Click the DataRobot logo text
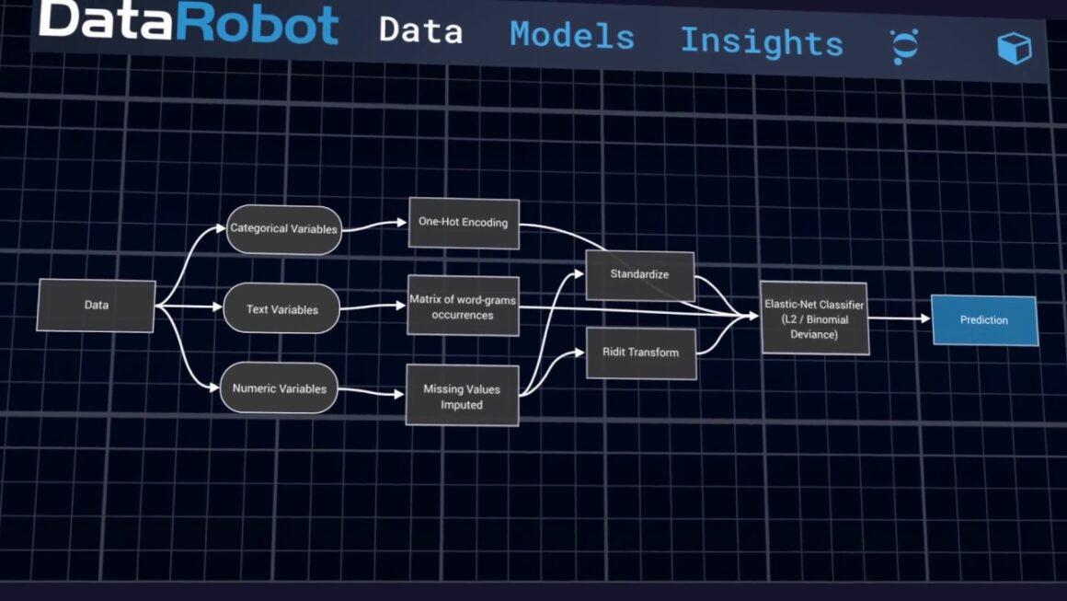(189, 23)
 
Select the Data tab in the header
(420, 30)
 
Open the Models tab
(572, 37)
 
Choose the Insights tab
(761, 42)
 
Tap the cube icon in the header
(1014, 48)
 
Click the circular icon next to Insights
(903, 46)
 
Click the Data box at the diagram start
(96, 305)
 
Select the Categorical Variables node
(283, 228)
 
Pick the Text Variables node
(281, 309)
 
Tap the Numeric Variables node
(279, 388)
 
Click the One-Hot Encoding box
(464, 222)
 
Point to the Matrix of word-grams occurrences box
(463, 307)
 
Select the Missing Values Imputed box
(462, 396)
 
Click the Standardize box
(639, 274)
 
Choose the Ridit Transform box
(640, 352)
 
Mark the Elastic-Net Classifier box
(814, 318)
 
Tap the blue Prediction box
(983, 320)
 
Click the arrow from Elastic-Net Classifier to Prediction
(900, 319)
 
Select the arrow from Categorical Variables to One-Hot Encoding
(374, 225)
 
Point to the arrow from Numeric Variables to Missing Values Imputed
(371, 393)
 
